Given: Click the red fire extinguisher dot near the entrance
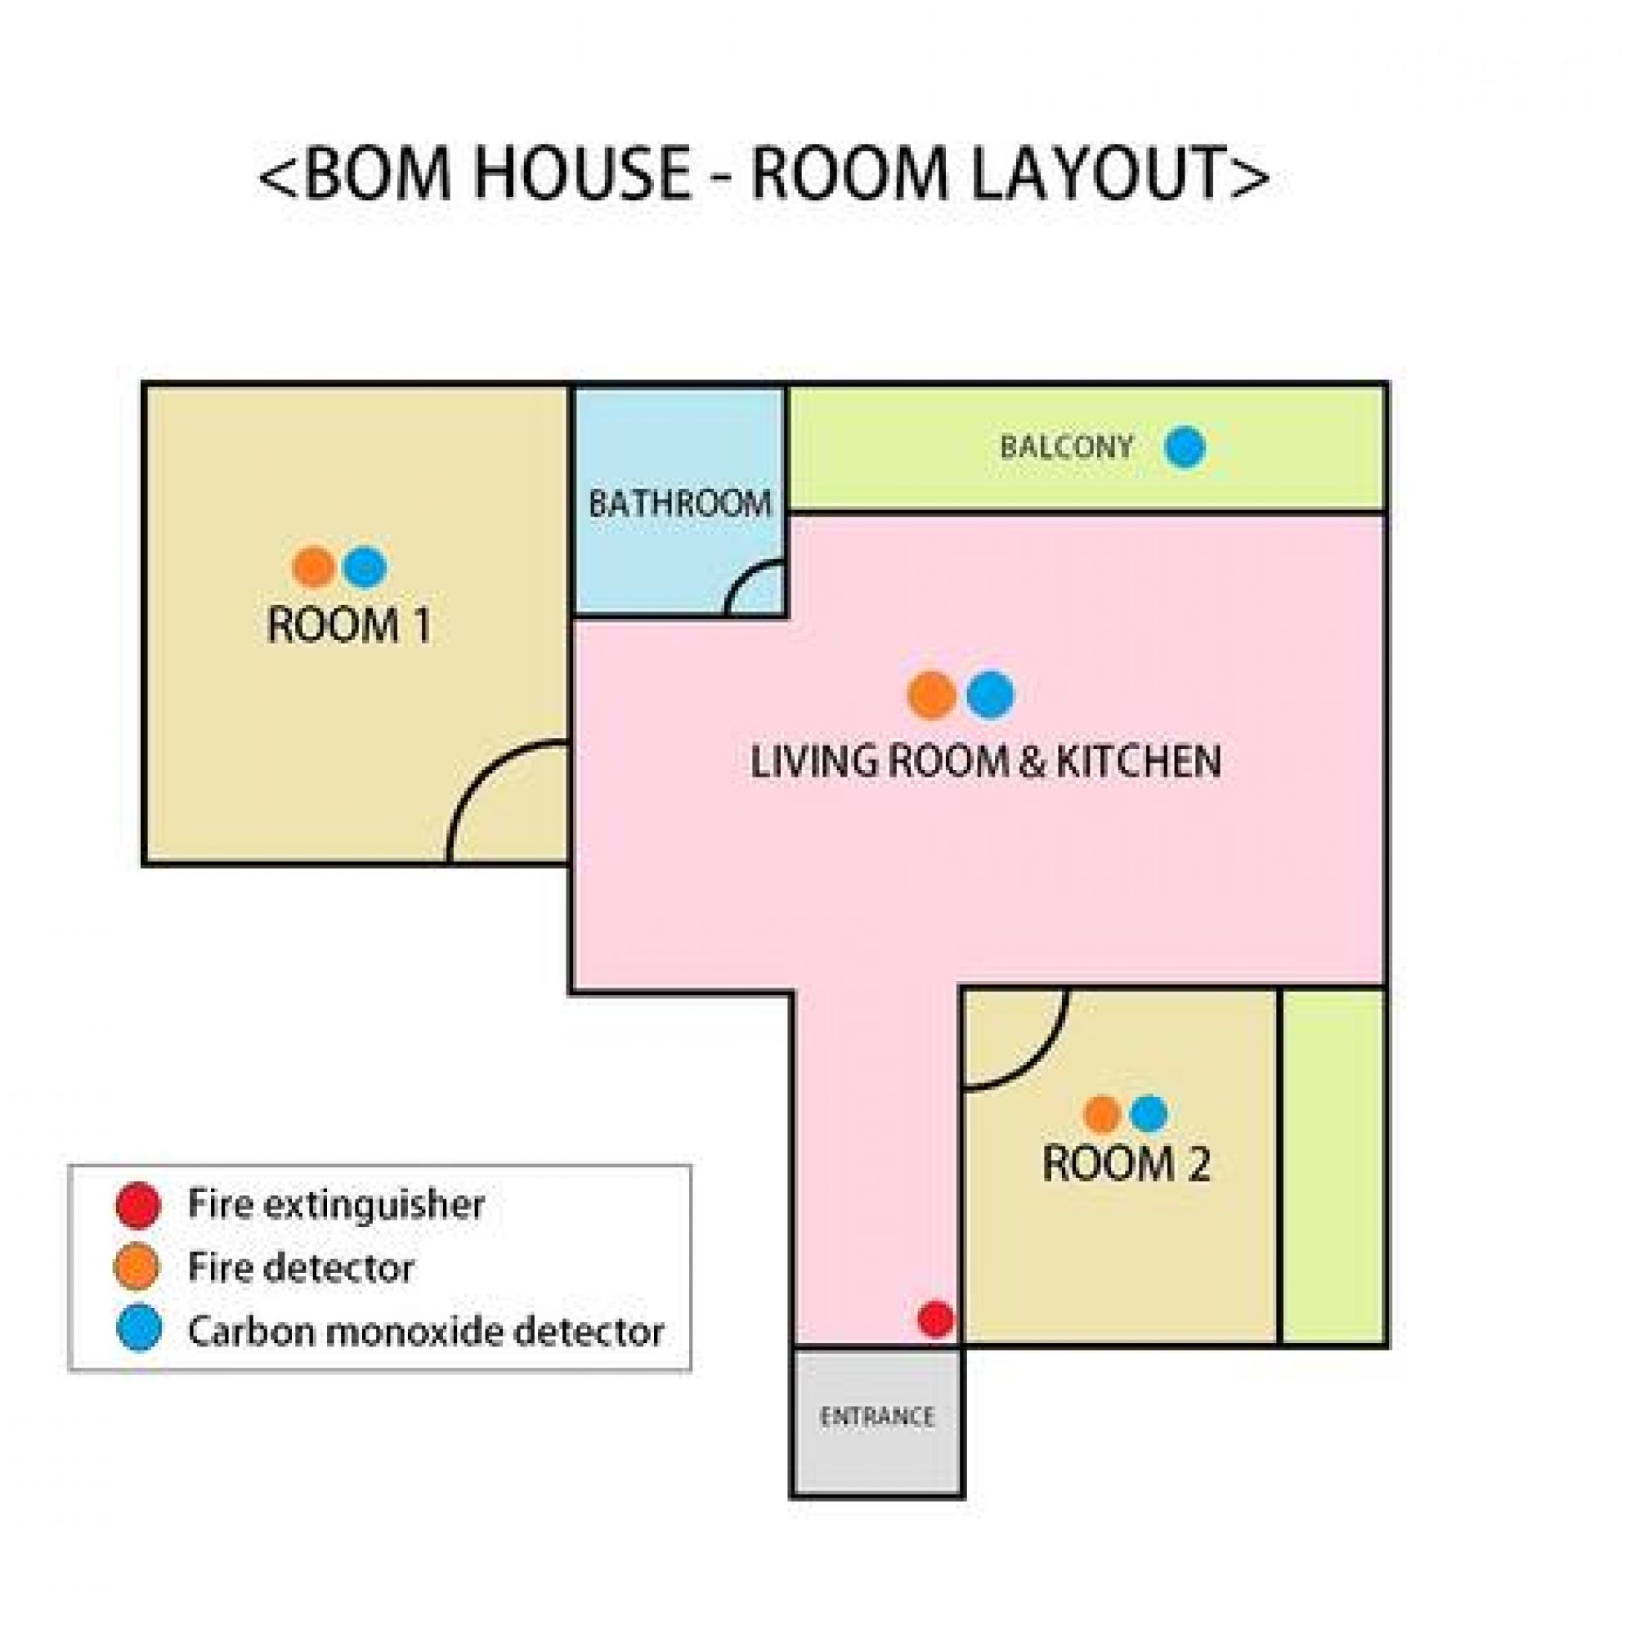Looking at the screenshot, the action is coord(936,1319).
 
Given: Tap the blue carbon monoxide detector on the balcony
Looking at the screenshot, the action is coord(1185,447).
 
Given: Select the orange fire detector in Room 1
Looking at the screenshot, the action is coord(314,567).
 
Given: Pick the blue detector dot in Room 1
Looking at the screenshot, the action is coord(365,567).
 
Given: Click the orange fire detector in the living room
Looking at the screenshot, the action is coord(932,696).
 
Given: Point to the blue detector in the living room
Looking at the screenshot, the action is coord(990,695).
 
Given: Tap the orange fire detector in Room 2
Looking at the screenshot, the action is coord(1102,1113).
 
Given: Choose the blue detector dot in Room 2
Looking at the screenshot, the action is coord(1149,1113).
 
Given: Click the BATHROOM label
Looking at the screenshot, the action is coord(680,504).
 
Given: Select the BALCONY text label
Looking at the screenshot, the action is coord(1066,447).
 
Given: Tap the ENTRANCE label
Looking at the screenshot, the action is coord(876,1417).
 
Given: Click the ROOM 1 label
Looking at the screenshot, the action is coord(349,625).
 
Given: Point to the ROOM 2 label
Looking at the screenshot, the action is coord(1127,1163).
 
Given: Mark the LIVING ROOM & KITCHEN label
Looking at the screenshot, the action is coord(986,761).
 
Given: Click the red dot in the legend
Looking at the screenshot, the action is coord(138,1204).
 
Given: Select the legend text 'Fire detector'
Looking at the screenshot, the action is coord(302,1268).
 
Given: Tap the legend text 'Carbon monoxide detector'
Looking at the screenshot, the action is coord(426,1330).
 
